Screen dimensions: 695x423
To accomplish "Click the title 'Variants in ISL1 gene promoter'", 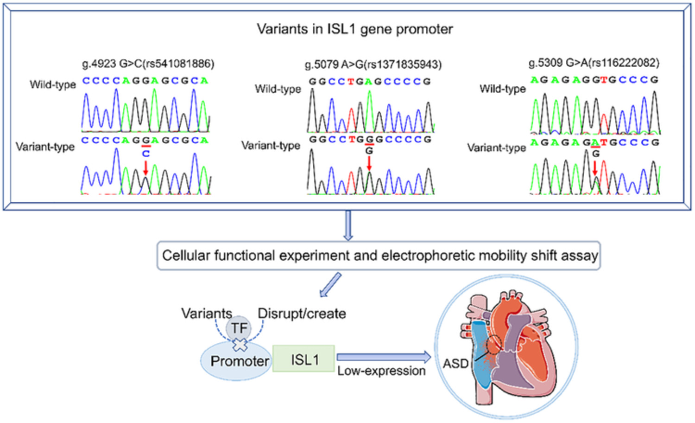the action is click(355, 29).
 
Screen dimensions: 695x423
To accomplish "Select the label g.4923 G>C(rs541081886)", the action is click(148, 64).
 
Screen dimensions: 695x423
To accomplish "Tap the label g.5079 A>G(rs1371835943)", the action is click(373, 64).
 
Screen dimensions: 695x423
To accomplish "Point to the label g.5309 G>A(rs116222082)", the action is click(594, 63).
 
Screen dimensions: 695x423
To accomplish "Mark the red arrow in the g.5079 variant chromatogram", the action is click(369, 163).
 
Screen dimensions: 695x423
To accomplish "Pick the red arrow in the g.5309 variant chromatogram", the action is click(595, 168).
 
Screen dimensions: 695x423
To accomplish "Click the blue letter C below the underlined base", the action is click(146, 154).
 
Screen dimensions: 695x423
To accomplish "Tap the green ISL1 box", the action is click(303, 359).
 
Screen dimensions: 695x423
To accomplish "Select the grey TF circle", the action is click(239, 328).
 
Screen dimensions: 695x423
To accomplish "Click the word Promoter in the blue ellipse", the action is click(240, 361).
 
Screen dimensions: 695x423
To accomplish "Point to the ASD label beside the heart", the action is click(455, 363).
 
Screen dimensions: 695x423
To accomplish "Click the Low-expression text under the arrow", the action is click(381, 371).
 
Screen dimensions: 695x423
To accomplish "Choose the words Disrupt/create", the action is click(302, 314).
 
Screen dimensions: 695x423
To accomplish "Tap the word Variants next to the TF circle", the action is click(207, 314).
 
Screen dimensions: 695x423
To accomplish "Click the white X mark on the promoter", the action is click(240, 345).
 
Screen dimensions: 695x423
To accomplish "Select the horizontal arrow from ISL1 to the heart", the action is click(384, 357).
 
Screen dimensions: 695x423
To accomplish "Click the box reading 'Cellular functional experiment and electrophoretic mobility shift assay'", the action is click(379, 256).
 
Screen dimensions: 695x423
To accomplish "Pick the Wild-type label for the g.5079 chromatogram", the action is click(278, 89).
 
